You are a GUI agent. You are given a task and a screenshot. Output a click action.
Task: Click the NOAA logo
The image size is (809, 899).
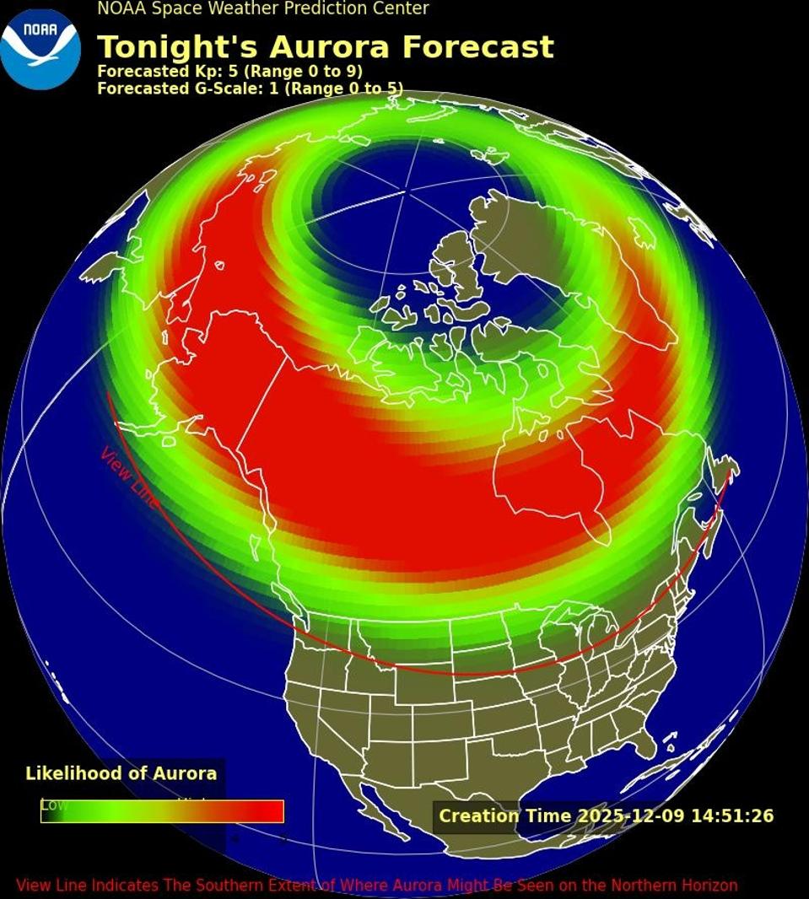pyautogui.click(x=40, y=49)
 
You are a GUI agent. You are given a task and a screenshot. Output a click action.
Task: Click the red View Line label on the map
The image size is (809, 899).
pyautogui.click(x=129, y=477)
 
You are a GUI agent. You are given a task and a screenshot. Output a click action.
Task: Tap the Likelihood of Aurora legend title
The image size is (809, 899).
pyautogui.click(x=121, y=773)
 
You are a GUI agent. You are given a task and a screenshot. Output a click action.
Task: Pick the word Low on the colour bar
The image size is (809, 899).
pyautogui.click(x=54, y=805)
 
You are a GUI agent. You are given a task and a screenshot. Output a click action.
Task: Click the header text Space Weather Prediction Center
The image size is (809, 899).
pyautogui.click(x=287, y=8)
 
